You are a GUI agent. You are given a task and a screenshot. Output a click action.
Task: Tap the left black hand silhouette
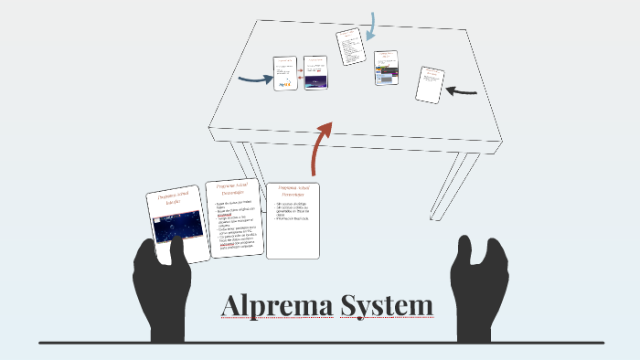click(x=164, y=283)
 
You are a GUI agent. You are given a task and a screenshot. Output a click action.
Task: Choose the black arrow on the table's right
click(x=462, y=90)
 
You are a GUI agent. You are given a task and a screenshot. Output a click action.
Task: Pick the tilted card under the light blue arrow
click(x=350, y=47)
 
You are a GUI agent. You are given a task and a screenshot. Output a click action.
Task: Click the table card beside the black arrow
click(x=430, y=84)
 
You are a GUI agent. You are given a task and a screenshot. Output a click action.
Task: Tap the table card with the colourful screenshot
click(x=385, y=69)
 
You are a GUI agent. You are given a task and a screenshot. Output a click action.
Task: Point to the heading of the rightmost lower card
click(x=293, y=193)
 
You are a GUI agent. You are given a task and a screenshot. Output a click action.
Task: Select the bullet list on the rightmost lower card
click(x=293, y=214)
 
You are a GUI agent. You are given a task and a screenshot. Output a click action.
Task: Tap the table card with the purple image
click(x=315, y=73)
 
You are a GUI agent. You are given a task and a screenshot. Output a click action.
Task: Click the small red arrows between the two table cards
click(x=301, y=74)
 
